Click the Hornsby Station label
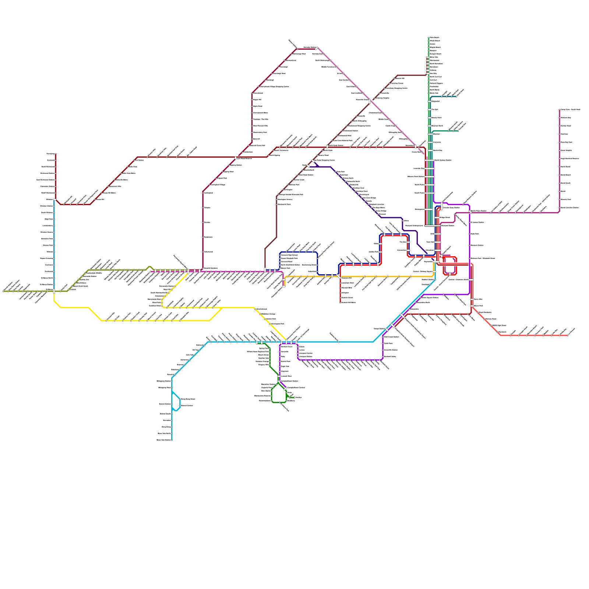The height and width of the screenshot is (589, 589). [309, 47]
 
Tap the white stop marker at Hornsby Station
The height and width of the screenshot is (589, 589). [317, 48]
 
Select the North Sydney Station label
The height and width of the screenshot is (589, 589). [443, 160]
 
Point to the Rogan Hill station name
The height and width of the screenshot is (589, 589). [257, 99]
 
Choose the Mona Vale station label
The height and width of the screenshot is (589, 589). [434, 57]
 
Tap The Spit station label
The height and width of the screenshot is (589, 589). [435, 109]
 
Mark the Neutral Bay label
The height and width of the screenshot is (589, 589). [437, 150]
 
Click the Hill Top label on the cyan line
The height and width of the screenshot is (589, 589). [195, 350]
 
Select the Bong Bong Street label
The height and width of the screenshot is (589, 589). [188, 399]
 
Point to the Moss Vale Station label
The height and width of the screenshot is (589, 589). [164, 440]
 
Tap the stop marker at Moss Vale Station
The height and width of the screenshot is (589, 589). [172, 440]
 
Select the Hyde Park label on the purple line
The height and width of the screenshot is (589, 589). [475, 234]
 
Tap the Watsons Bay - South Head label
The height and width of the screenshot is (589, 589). [570, 109]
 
